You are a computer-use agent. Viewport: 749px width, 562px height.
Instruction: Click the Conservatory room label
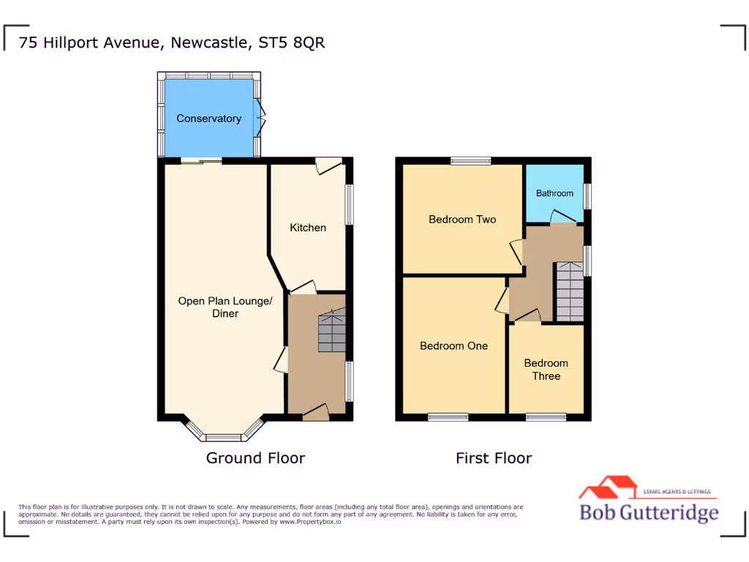(208, 119)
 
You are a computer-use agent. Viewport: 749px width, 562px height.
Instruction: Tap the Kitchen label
(308, 228)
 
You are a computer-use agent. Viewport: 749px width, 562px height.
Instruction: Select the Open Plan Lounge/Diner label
(225, 307)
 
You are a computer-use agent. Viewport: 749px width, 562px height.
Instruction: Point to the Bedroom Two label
(462, 220)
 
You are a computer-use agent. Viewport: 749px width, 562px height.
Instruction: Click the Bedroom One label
(453, 346)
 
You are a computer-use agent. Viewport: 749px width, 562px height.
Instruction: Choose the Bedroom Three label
(546, 370)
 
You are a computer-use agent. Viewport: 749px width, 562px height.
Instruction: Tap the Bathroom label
(554, 193)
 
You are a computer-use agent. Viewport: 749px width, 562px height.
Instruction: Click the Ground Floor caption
(255, 458)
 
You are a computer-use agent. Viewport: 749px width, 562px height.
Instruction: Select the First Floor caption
(494, 458)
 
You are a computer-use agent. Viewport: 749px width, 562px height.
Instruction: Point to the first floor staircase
(570, 292)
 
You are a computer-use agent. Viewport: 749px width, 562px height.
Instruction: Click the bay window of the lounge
(222, 436)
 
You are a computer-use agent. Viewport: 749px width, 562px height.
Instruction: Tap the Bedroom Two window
(470, 161)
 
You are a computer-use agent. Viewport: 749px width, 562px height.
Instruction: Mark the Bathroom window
(587, 195)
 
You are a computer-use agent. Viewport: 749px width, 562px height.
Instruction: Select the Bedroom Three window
(546, 417)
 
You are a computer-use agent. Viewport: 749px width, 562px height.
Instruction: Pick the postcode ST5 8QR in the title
(292, 42)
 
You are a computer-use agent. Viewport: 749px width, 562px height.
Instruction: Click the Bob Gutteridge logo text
(649, 512)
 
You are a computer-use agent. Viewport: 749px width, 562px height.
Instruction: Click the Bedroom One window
(448, 417)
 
